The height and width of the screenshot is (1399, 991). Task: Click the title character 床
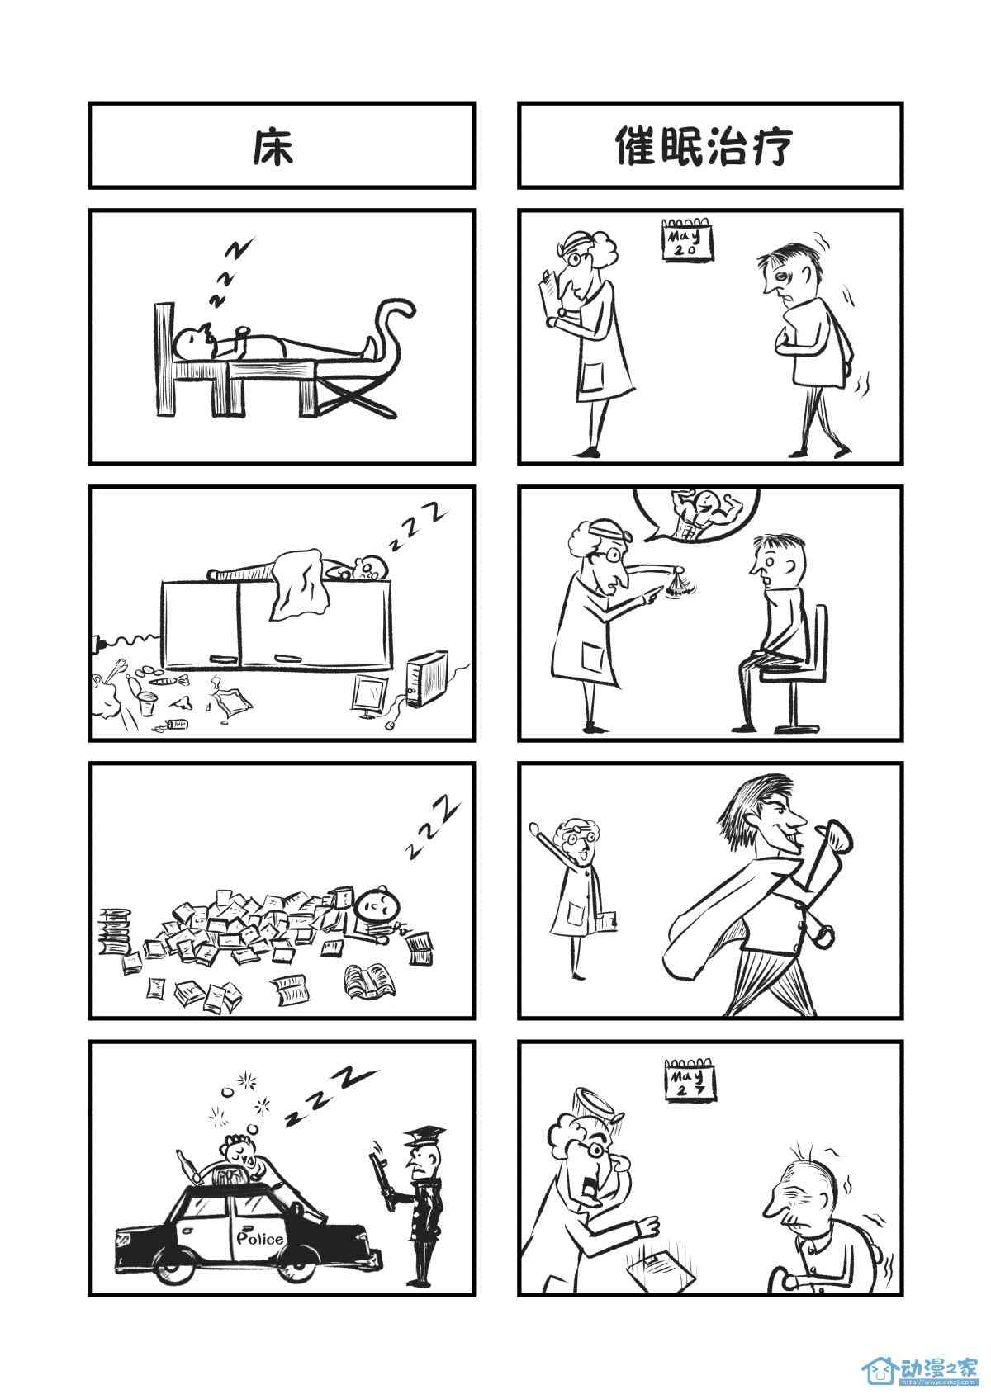point(273,148)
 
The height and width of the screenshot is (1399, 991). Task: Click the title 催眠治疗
point(704,147)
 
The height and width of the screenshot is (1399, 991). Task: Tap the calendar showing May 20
point(686,239)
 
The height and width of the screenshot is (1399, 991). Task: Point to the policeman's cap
point(424,1134)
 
